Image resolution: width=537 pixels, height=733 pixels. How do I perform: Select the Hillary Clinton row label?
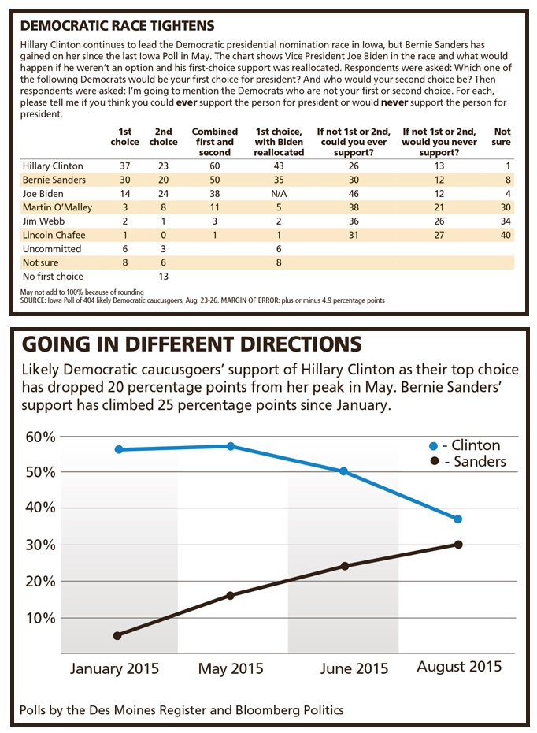(x=54, y=166)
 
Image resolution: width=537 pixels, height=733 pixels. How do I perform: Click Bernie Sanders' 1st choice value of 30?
(x=124, y=180)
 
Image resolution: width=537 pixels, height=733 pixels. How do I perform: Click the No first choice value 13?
(x=163, y=276)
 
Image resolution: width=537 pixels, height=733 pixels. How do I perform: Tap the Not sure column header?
(x=502, y=136)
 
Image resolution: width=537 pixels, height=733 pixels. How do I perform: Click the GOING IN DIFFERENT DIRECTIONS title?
(x=191, y=345)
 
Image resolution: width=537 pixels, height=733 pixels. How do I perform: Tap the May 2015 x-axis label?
(x=231, y=670)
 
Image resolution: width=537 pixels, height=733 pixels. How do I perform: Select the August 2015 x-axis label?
(x=459, y=667)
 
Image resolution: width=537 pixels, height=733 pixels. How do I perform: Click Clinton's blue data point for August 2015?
(x=458, y=519)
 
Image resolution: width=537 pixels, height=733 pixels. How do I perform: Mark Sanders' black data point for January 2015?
(x=117, y=635)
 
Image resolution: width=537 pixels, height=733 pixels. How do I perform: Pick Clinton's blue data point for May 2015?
(x=231, y=446)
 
